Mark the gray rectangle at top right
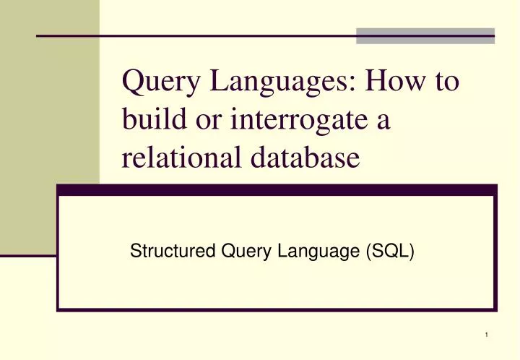[x=426, y=35]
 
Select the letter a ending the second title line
[x=383, y=121]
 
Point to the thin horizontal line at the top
[x=195, y=35]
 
